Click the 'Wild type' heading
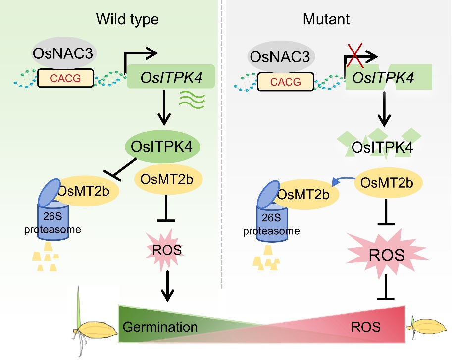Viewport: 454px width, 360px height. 127,19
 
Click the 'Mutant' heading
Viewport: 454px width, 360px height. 326,19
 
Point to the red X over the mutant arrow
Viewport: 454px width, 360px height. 356,55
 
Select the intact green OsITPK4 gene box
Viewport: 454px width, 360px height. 171,77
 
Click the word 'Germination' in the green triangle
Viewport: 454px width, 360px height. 160,327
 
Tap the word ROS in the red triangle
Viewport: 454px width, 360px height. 366,327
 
